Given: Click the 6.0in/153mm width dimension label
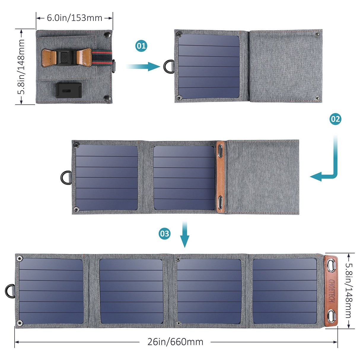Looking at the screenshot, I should (x=74, y=18).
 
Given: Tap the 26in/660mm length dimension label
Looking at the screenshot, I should (x=175, y=342).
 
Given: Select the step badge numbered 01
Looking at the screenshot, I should (x=141, y=46).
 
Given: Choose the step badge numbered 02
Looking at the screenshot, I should (x=335, y=119).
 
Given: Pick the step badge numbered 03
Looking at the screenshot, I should (x=164, y=234).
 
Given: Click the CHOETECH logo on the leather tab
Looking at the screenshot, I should (x=332, y=291).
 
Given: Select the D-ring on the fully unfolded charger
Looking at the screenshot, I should (x=10, y=291).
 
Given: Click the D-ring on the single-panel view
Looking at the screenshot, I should (x=169, y=66).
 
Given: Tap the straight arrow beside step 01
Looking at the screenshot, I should (x=144, y=66).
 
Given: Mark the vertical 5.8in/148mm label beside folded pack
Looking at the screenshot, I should (x=21, y=67).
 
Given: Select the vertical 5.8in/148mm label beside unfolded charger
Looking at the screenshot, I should (x=348, y=291).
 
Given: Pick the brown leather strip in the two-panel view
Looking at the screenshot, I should (x=221, y=177).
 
